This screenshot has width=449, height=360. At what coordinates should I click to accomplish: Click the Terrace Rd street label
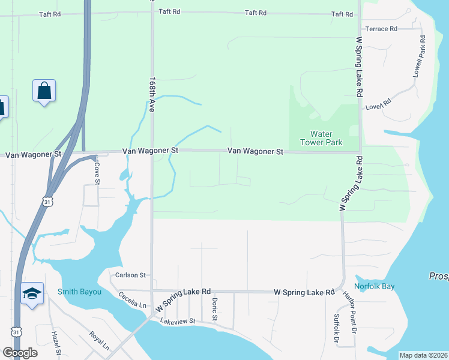click(381, 29)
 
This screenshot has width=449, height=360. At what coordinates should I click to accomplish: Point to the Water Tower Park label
click(326, 138)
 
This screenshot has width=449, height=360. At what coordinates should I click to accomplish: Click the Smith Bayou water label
click(79, 292)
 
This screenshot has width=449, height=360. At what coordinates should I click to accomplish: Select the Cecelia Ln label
click(132, 299)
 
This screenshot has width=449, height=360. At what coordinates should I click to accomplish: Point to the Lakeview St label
click(178, 322)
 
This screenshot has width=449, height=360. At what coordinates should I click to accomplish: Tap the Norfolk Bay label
click(374, 286)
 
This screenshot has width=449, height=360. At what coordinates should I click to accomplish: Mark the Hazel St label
click(56, 343)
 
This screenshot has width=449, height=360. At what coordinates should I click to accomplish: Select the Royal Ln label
click(98, 341)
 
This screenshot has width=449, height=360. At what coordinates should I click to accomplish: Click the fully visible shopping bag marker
click(44, 91)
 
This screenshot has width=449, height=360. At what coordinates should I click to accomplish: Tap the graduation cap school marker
click(32, 293)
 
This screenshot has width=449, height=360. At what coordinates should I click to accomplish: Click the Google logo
click(20, 353)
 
